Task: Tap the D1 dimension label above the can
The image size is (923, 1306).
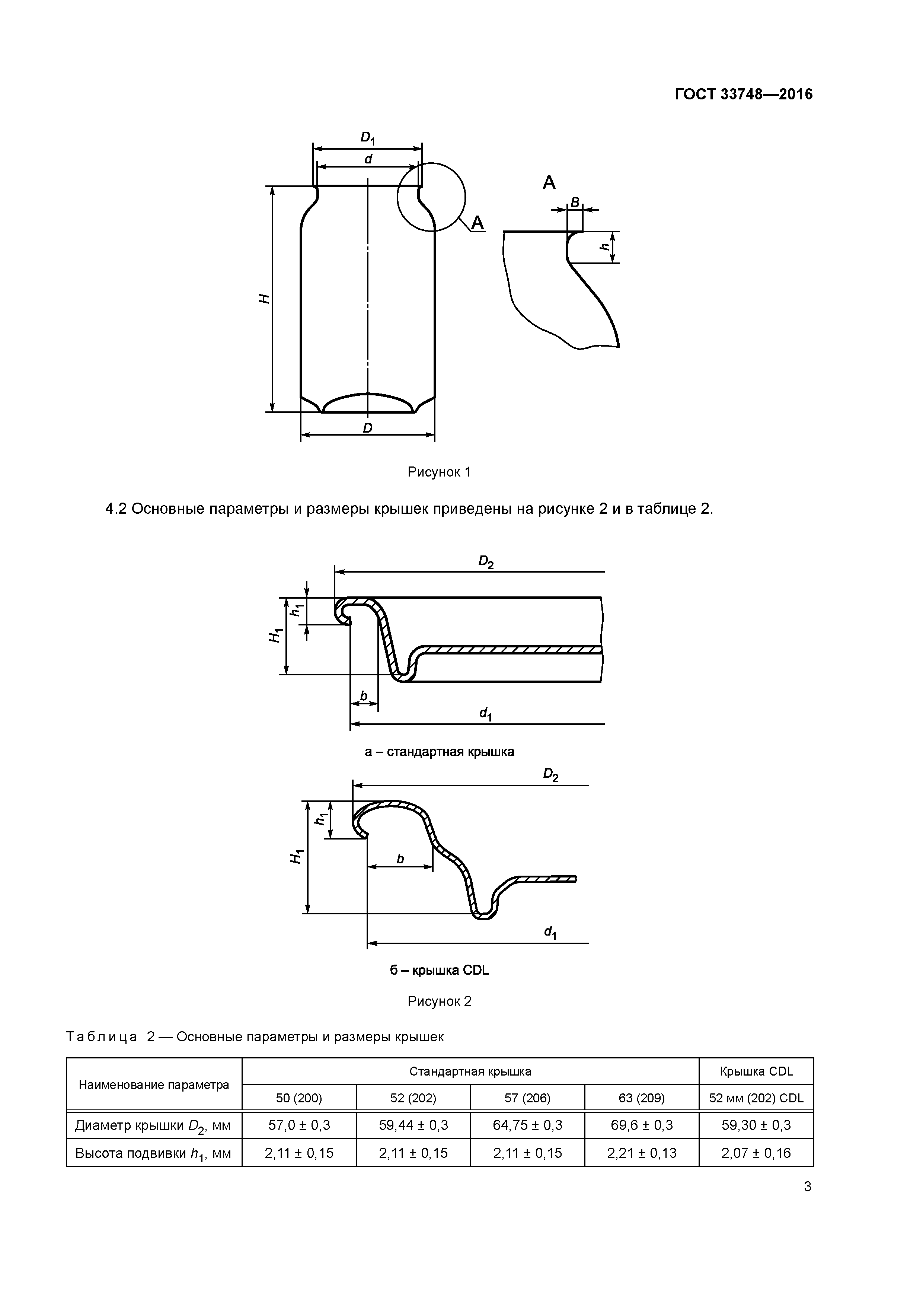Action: pos(367,138)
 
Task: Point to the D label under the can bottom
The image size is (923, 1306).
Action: pos(367,428)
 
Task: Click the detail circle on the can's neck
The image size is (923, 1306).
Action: pos(431,197)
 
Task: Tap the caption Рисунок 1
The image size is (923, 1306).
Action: pos(439,472)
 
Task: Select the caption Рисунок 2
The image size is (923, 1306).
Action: pos(439,1001)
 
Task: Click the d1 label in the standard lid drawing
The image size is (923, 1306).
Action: pos(485,714)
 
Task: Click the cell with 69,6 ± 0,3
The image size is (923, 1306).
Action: pos(642,1125)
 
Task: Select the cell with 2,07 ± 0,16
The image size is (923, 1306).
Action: pos(756,1153)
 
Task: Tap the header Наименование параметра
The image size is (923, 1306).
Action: pos(154,1085)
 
